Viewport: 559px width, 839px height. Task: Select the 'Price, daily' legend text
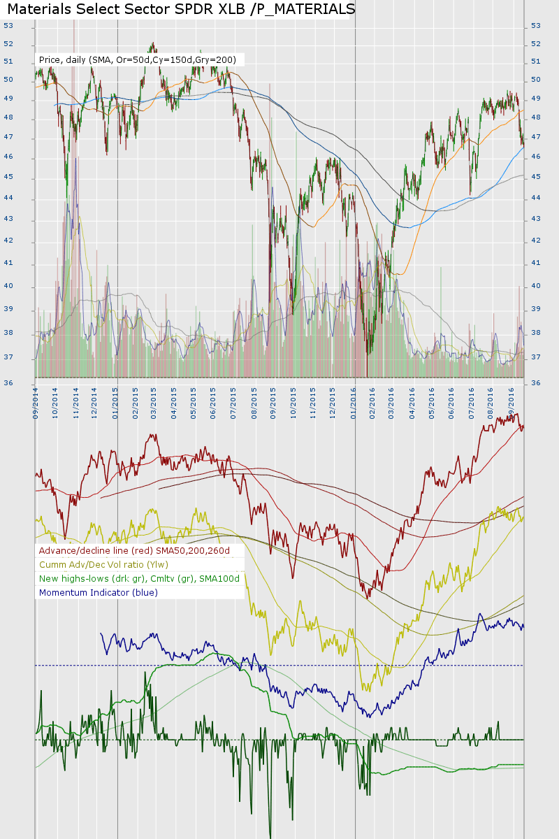(62, 60)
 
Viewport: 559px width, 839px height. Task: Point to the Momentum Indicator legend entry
(99, 592)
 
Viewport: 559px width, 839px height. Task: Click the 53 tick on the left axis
(8, 26)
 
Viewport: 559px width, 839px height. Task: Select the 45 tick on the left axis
(8, 177)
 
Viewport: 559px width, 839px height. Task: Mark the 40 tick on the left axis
(8, 286)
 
